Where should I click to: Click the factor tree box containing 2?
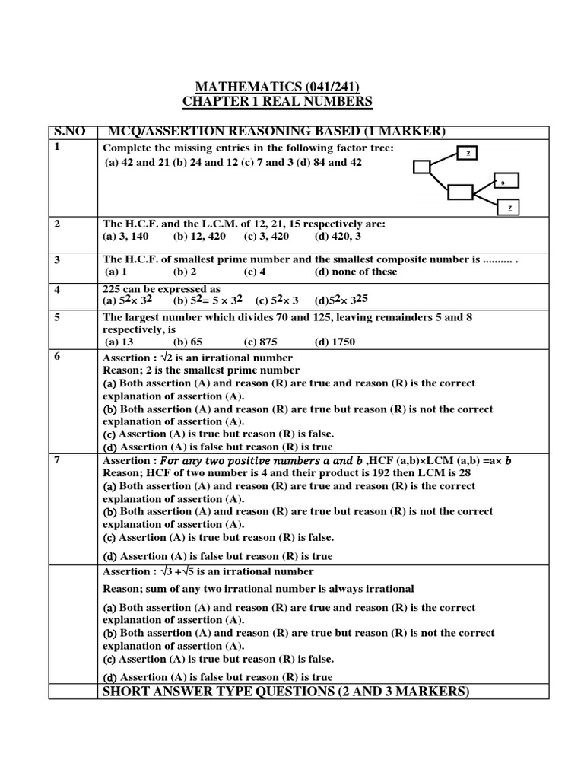468,153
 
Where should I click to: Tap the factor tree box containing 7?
509,206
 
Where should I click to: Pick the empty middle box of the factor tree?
460,192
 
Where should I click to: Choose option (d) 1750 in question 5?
335,342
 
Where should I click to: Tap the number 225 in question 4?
113,289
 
